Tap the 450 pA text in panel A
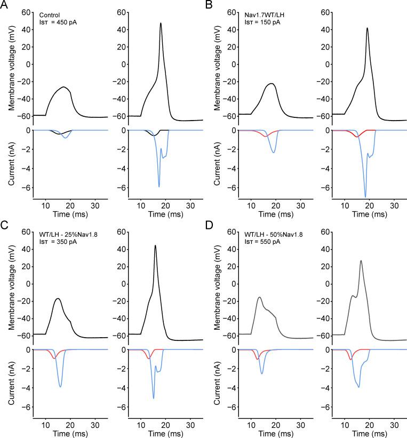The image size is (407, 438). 65,22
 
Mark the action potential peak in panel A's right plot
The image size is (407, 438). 161,23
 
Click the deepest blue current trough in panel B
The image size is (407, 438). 365,197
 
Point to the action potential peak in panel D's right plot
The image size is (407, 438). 361,261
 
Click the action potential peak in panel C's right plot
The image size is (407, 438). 155,246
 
